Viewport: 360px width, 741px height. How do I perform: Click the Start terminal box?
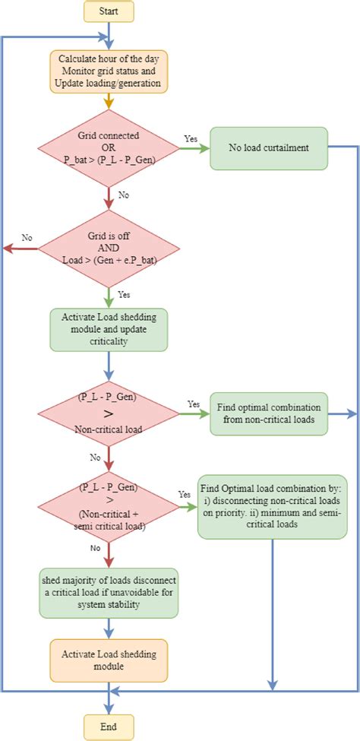point(109,11)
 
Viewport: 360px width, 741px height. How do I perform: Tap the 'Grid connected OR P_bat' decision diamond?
point(109,148)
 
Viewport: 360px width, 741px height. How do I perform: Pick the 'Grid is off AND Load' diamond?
point(109,249)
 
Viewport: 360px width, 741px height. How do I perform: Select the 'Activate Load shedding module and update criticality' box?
point(109,328)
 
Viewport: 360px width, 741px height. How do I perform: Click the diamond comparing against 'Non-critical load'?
point(109,413)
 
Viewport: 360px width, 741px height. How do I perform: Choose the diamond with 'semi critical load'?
point(109,507)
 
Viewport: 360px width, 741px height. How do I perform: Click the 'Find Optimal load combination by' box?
point(271,507)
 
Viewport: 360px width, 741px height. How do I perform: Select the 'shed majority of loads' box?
point(109,593)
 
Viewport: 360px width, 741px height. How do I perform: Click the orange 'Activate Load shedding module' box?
point(109,659)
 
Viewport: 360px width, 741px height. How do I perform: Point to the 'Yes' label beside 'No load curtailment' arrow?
point(191,140)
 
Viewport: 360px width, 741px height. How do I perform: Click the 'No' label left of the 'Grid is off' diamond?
point(27,238)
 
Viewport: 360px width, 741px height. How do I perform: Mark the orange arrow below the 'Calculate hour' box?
point(109,103)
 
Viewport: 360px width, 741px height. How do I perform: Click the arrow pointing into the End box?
point(109,702)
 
